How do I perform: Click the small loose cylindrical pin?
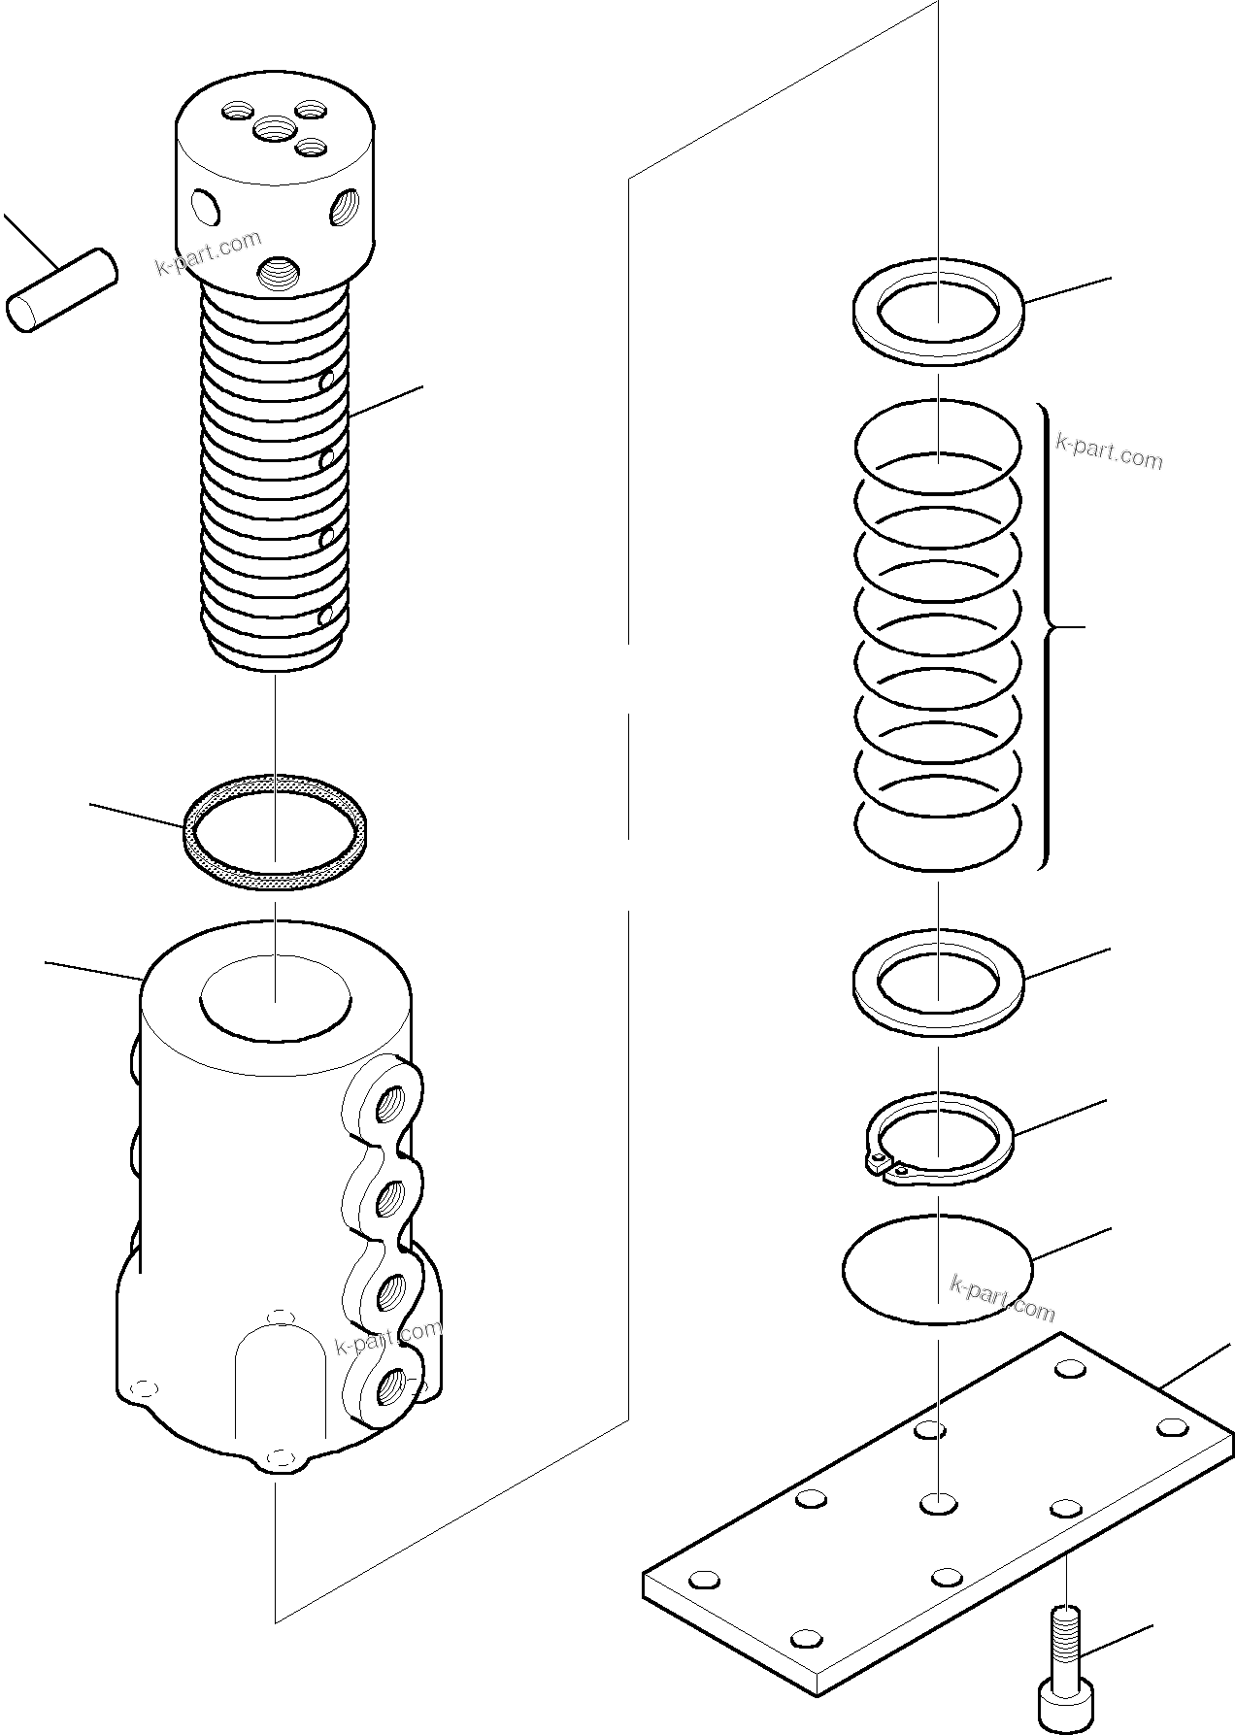(61, 289)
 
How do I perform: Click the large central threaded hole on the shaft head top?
(273, 127)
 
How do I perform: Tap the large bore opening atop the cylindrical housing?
(275, 1002)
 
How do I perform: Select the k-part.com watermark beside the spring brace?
(1109, 452)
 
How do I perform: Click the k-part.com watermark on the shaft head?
(208, 252)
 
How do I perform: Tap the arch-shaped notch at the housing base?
(280, 1379)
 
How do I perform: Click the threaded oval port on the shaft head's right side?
(345, 207)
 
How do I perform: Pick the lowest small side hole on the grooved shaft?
(327, 612)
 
